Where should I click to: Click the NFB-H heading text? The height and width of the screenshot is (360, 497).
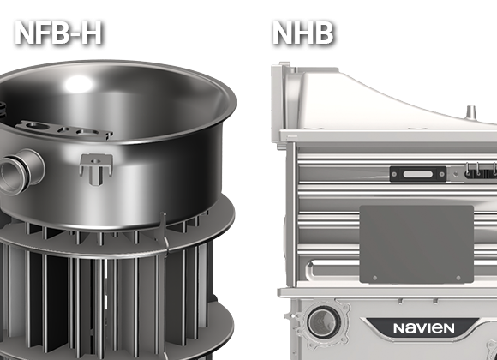[x=58, y=33]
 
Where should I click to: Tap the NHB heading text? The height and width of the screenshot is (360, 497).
[x=303, y=33]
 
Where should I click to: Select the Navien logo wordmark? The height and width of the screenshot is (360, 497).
[x=424, y=328]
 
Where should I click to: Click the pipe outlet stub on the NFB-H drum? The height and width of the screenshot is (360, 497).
[x=21, y=171]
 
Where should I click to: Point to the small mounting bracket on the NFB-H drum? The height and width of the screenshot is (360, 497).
[x=96, y=168]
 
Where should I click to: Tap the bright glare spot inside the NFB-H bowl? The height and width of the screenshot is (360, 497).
[x=78, y=84]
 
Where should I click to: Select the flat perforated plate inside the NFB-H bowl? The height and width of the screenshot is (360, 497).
[x=64, y=129]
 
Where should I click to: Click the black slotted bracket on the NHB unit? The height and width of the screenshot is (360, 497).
[x=418, y=174]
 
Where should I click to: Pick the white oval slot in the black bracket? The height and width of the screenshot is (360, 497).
[x=418, y=174]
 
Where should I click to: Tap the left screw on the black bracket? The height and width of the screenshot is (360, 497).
[x=394, y=174]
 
